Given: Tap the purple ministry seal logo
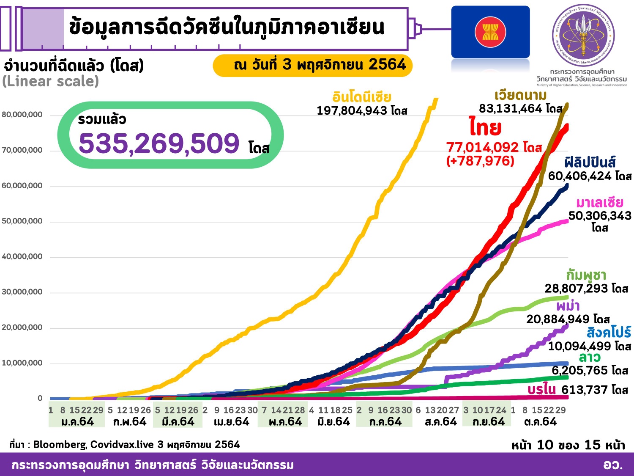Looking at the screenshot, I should tap(583, 36).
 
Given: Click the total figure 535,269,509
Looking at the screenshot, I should tap(159, 143).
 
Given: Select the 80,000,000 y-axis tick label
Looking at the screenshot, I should tap(22, 115).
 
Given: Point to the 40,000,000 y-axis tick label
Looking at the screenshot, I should tap(22, 257).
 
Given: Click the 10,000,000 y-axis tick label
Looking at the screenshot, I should tap(22, 363).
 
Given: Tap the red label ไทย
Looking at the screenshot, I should tap(485, 127).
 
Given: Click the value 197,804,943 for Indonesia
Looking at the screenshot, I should tap(352, 111).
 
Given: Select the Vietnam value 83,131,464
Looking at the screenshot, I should tap(511, 109).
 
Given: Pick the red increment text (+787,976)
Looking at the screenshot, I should tap(480, 161).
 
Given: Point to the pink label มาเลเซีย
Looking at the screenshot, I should tap(599, 202).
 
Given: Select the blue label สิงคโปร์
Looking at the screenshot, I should tap(609, 333).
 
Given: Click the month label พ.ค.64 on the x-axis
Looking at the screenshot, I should tap(285, 422).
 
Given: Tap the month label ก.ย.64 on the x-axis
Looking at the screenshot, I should tap(488, 422).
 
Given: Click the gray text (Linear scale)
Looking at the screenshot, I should tap(50, 81).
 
